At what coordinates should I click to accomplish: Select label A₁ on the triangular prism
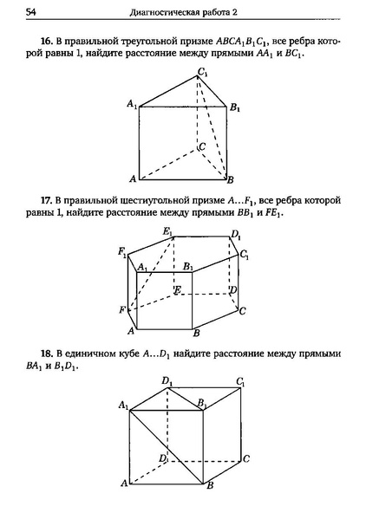point(131,104)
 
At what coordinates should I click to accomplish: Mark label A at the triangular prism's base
point(132,178)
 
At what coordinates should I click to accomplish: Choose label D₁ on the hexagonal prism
point(235,233)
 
